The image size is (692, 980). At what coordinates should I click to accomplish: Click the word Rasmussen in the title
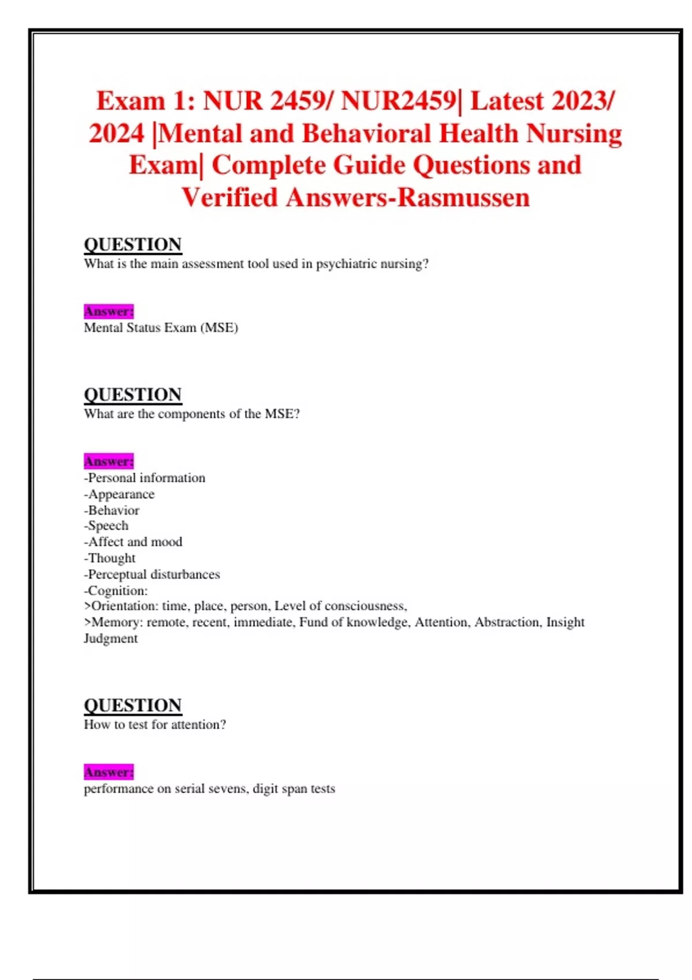coord(464,198)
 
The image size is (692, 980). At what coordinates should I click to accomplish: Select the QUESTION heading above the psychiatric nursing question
coord(133,244)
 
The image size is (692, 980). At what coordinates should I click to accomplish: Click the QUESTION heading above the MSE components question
coord(133,394)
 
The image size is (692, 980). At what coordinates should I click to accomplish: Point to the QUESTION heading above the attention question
coord(133,705)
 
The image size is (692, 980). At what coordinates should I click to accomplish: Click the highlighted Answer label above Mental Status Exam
coord(108,311)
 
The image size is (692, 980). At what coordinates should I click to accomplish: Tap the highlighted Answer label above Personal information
coord(108,461)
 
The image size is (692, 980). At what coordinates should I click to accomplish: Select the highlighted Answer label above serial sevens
coord(108,772)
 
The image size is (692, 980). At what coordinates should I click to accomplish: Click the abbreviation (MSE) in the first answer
coord(219,327)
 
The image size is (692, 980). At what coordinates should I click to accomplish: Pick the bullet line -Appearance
coord(119,494)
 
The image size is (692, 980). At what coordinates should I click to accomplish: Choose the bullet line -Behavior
coord(112,510)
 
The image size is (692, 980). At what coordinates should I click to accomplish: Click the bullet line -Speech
coord(106,526)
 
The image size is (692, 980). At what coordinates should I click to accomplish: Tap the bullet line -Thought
coord(110,558)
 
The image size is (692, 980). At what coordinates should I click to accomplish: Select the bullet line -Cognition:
coord(116,590)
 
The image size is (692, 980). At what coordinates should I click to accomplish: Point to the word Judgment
coord(111,638)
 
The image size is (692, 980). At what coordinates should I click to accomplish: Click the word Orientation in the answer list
coord(124,606)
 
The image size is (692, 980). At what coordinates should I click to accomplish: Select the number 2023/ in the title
coord(582,101)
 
